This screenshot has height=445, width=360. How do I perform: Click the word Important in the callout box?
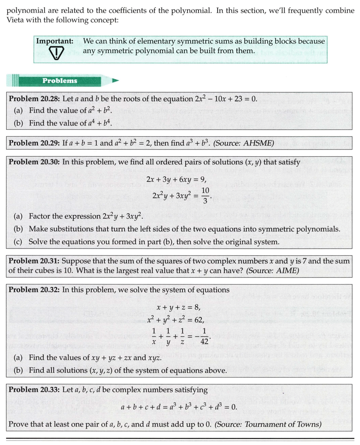click(54, 41)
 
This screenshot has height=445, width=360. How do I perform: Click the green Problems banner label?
click(60, 81)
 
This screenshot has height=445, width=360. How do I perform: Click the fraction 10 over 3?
click(205, 196)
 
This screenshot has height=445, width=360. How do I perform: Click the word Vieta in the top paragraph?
click(17, 20)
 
